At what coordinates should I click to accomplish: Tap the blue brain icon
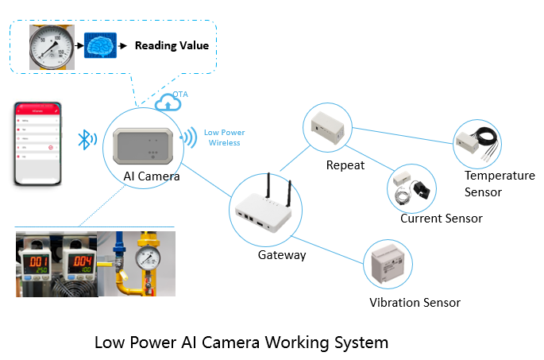(100, 46)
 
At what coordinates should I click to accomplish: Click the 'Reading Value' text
(172, 45)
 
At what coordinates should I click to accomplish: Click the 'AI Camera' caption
(151, 176)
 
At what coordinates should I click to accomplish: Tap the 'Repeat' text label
(345, 165)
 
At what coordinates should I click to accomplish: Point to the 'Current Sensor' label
(441, 218)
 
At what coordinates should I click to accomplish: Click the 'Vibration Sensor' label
(415, 302)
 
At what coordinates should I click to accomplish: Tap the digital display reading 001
(38, 261)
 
